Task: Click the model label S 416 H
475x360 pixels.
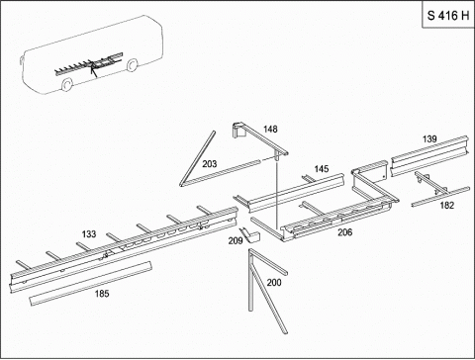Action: point(448,16)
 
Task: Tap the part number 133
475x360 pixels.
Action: point(89,234)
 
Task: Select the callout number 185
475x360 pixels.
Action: point(102,294)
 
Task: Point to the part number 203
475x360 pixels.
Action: point(210,164)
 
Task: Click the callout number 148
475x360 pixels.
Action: point(270,129)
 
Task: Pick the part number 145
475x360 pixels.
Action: point(322,169)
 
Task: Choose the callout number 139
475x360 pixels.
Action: point(429,139)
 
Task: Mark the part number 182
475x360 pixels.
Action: point(447,206)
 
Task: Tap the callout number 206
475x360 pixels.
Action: point(344,232)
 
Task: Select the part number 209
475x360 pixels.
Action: point(236,241)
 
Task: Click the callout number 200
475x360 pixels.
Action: point(274,283)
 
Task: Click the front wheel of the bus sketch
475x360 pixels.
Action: point(67,84)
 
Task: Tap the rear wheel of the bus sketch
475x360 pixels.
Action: point(133,65)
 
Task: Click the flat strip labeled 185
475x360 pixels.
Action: point(91,283)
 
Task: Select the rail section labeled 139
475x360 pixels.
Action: point(429,155)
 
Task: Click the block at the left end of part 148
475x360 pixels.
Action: point(239,130)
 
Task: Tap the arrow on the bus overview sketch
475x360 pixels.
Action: point(93,71)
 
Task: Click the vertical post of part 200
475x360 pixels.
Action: point(250,280)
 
